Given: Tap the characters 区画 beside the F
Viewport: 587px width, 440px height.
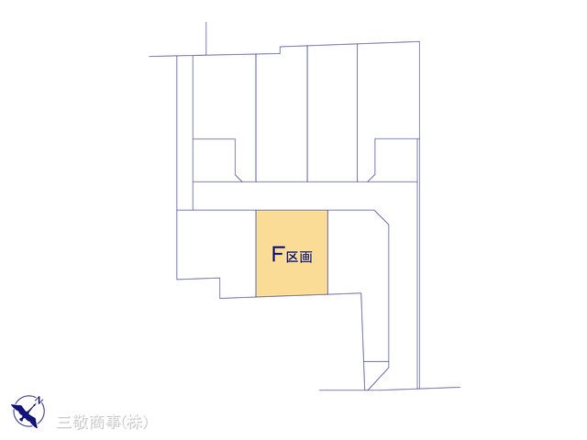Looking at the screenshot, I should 300,258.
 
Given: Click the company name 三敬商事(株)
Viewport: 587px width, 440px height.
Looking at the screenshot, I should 102,423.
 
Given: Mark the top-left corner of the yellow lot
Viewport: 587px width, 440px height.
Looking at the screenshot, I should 256,210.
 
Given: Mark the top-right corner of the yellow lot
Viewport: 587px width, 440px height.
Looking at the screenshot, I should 327,210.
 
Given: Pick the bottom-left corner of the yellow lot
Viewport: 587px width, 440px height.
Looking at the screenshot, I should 256,297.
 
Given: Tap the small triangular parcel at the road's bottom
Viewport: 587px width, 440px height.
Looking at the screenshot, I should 373,374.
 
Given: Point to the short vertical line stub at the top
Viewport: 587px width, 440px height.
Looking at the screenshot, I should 206,39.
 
